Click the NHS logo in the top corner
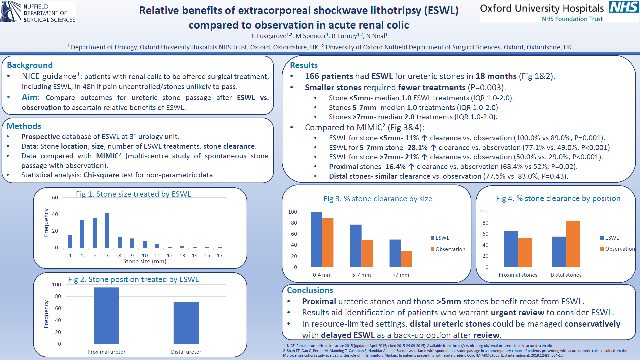[x=624, y=7]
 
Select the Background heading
[x=30, y=65]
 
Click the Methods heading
[x=24, y=126]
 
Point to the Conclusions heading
[x=310, y=290]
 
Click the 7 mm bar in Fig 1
[x=107, y=230]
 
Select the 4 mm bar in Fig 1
[x=70, y=241]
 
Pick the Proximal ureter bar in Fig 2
[x=106, y=315]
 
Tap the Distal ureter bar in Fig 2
[x=186, y=322]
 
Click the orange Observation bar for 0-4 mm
[x=328, y=242]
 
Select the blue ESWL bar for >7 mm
[x=395, y=253]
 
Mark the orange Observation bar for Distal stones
[x=573, y=244]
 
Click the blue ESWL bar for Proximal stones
[x=511, y=249]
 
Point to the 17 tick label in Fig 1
[x=220, y=255]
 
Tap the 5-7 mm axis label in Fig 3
[x=361, y=275]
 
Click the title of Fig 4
[x=558, y=198]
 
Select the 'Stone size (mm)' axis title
[x=145, y=261]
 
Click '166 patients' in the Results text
[x=329, y=76]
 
